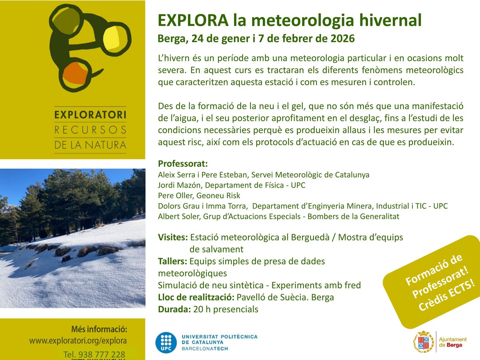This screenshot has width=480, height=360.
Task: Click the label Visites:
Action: [173, 237]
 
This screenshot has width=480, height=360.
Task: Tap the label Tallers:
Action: [173, 261]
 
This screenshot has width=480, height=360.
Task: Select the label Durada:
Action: [174, 309]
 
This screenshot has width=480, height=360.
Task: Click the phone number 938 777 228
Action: [102, 355]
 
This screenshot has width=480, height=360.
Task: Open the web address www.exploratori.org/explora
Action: [78, 341]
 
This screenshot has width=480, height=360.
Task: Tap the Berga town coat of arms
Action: [423, 341]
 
